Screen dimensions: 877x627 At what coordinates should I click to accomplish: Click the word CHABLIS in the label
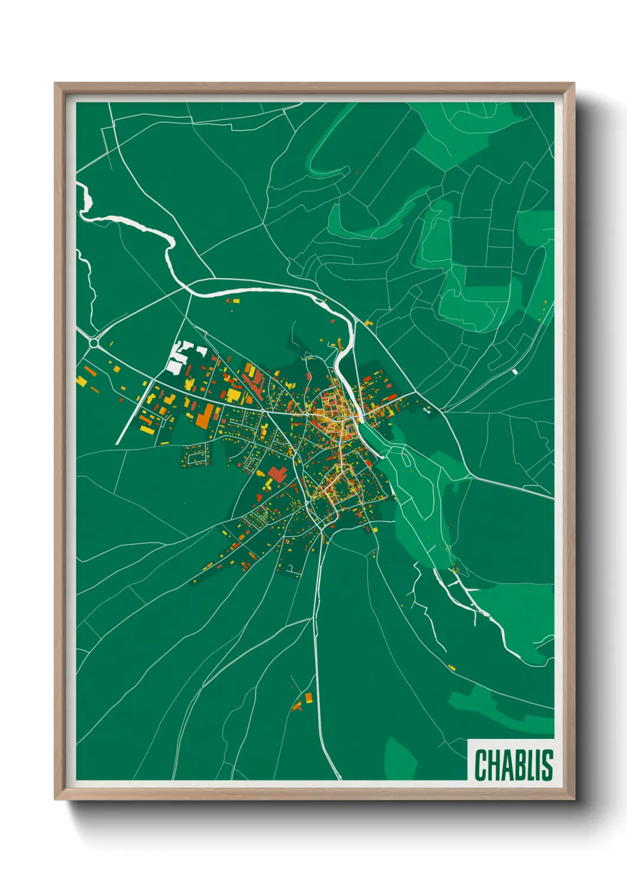[513, 765]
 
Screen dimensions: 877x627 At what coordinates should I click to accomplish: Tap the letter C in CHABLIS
[480, 765]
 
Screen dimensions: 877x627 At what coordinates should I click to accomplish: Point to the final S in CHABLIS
[548, 765]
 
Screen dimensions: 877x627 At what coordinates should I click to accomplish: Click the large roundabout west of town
[94, 342]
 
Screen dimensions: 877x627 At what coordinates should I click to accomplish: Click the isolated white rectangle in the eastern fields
[514, 372]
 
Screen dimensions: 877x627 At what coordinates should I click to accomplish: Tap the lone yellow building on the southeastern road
[452, 668]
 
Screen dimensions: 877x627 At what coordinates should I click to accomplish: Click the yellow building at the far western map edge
[81, 380]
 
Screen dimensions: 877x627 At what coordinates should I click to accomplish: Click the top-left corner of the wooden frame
[56, 85]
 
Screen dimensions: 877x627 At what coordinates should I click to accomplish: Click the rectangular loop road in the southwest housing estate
[195, 456]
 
